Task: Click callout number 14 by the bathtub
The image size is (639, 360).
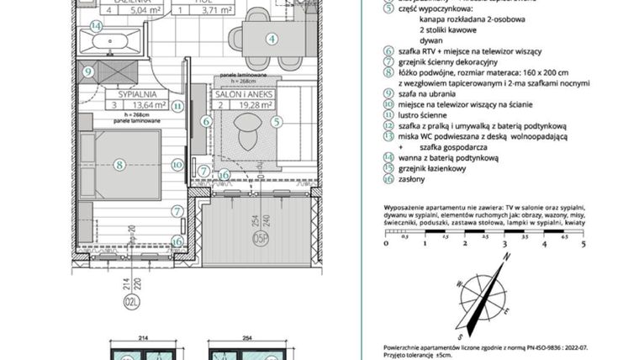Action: [97, 26]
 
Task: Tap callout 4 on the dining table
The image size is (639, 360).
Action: [272, 38]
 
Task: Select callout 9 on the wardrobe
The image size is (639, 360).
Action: [88, 71]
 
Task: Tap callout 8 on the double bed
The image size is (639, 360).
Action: [120, 165]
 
